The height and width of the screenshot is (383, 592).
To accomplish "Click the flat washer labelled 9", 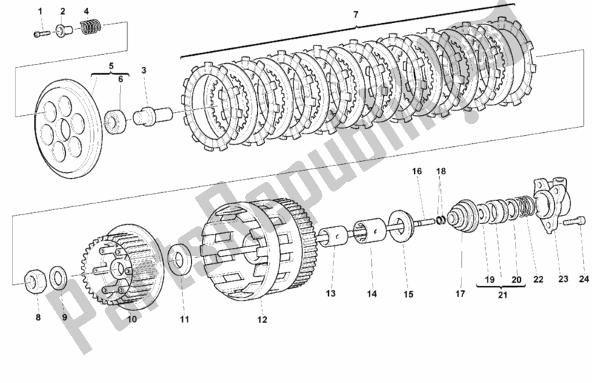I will (x=56, y=278).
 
